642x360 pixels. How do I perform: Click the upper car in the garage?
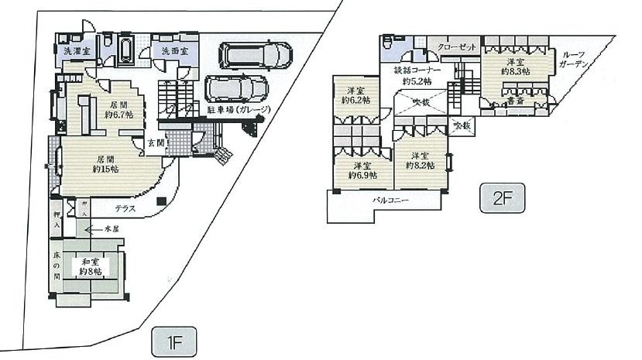[x=251, y=55]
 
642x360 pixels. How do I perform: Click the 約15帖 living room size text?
[x=106, y=168]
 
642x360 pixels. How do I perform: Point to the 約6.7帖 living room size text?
[x=118, y=114]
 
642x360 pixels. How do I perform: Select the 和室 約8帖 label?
[x=91, y=266]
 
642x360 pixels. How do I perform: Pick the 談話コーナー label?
[x=417, y=70]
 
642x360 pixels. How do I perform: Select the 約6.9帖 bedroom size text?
[x=362, y=172]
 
